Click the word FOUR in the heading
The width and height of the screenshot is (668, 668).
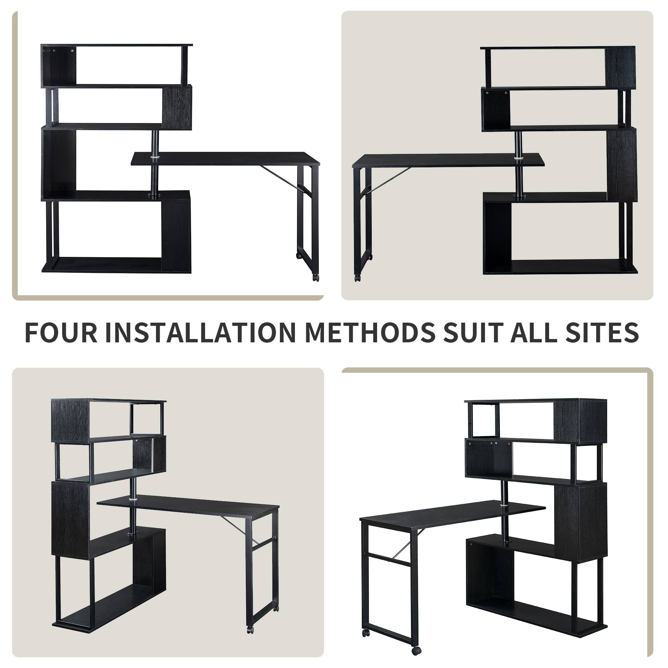click(61, 333)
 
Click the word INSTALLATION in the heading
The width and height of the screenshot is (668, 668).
click(200, 333)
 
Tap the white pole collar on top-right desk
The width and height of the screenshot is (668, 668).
click(518, 158)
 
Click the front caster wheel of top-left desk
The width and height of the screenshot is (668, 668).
click(315, 277)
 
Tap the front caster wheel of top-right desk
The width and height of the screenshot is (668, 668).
click(357, 278)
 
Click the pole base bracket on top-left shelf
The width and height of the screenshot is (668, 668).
click(154, 196)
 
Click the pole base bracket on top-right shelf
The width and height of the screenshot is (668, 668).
click(519, 197)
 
